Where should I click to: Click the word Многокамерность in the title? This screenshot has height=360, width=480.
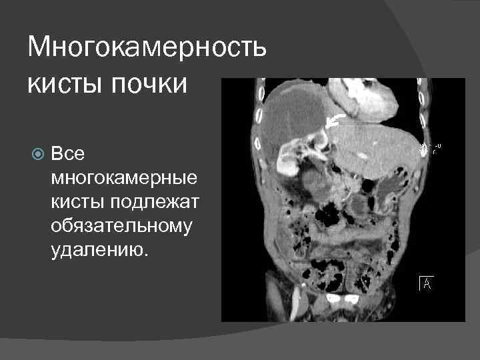pos(147,47)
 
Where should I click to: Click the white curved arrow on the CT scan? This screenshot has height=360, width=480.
pos(335,120)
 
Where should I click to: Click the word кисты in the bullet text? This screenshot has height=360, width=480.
pos(73,202)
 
